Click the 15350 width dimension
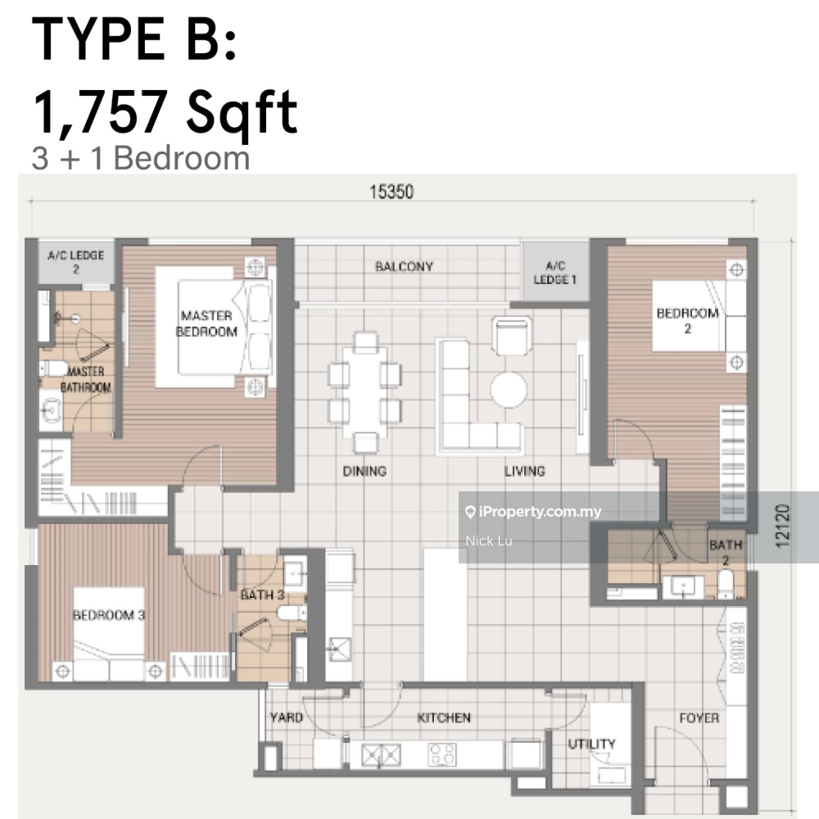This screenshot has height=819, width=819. point(391,192)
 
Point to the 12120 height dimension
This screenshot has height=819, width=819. point(782,526)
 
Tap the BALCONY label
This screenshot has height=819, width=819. point(405,267)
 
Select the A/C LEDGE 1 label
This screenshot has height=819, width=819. point(554,273)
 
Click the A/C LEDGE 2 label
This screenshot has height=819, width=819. point(75,262)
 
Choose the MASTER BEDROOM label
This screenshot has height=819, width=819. point(207,324)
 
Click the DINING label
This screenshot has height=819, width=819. point(364,471)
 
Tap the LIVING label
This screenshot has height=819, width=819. point(524,471)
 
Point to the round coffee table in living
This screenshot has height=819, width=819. point(509,390)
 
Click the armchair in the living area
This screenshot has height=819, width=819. point(511,335)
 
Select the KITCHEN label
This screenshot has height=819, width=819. point(444,717)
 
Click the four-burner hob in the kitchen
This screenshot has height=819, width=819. point(442,755)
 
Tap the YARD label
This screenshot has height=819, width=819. point(286,717)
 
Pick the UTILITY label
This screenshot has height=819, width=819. point(592,744)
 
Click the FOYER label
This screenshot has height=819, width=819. point(699,718)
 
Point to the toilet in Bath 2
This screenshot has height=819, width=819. point(726,585)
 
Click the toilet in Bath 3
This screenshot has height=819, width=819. point(292,613)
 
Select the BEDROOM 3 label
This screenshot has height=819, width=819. point(109,615)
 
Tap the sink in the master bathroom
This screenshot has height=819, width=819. point(51,411)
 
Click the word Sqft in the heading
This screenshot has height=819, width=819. point(242,111)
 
